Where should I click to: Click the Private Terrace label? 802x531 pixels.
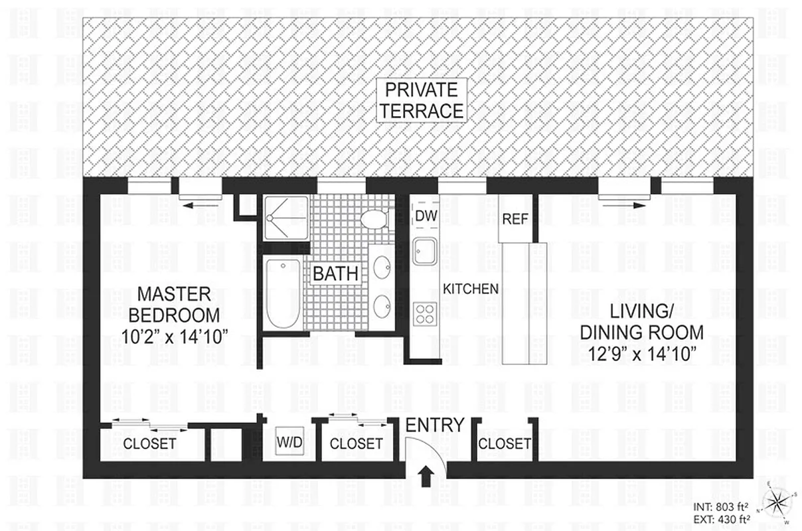(422, 100)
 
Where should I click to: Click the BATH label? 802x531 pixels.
(335, 273)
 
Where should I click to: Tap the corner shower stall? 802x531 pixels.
(286, 217)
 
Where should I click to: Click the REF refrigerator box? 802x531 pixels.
(514, 220)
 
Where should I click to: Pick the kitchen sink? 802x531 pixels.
(423, 252)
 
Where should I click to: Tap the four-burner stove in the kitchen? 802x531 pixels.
(423, 313)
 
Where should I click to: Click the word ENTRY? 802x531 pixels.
(434, 425)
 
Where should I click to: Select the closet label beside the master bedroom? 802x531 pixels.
(149, 443)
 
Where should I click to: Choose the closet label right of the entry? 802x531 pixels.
(505, 443)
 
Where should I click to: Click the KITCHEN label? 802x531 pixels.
(470, 289)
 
